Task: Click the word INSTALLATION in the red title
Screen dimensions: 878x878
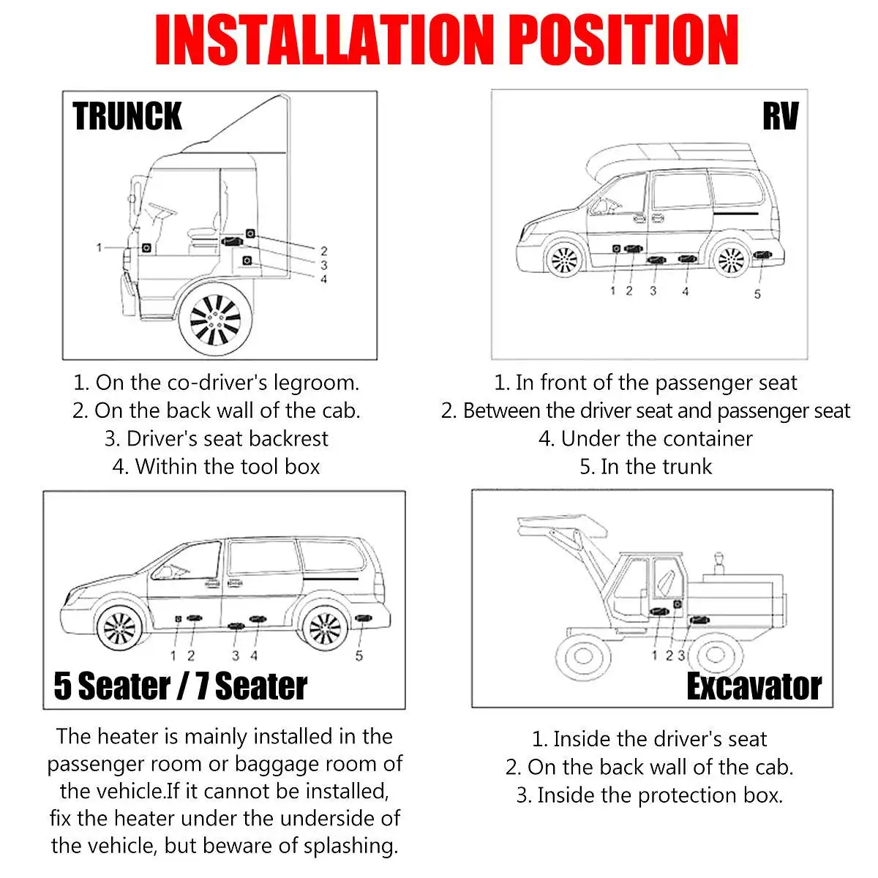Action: [324, 40]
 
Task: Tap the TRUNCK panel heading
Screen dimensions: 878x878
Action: [127, 116]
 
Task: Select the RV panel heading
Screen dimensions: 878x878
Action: [780, 116]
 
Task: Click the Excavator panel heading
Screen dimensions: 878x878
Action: [754, 686]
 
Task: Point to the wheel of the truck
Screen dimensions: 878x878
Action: [215, 318]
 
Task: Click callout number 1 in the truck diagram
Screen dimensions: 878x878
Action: [99, 247]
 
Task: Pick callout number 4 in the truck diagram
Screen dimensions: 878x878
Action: [323, 279]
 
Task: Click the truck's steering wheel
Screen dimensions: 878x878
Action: [162, 211]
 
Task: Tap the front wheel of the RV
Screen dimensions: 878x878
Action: [565, 259]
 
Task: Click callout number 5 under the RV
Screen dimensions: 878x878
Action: [757, 294]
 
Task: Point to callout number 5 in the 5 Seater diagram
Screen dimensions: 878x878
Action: [359, 656]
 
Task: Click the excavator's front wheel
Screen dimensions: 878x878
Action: [582, 656]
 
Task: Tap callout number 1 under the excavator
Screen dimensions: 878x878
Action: [654, 655]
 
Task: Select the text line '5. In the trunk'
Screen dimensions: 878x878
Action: [645, 467]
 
